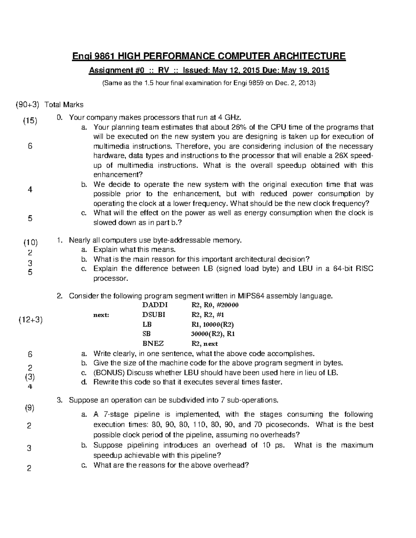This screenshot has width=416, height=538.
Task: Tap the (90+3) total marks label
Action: [x=27, y=105]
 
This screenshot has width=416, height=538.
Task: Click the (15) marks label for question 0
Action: [x=30, y=121]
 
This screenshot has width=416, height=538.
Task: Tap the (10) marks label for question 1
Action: [x=30, y=242]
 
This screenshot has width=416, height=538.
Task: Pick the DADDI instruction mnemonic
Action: [x=155, y=305]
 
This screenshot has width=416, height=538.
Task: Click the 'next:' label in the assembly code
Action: [x=101, y=315]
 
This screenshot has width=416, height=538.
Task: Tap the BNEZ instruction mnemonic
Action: [x=153, y=344]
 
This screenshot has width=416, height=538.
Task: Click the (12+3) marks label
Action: [x=30, y=320]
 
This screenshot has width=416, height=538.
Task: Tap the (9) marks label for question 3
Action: [x=29, y=408]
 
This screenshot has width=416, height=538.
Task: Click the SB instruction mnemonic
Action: [x=147, y=334]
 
